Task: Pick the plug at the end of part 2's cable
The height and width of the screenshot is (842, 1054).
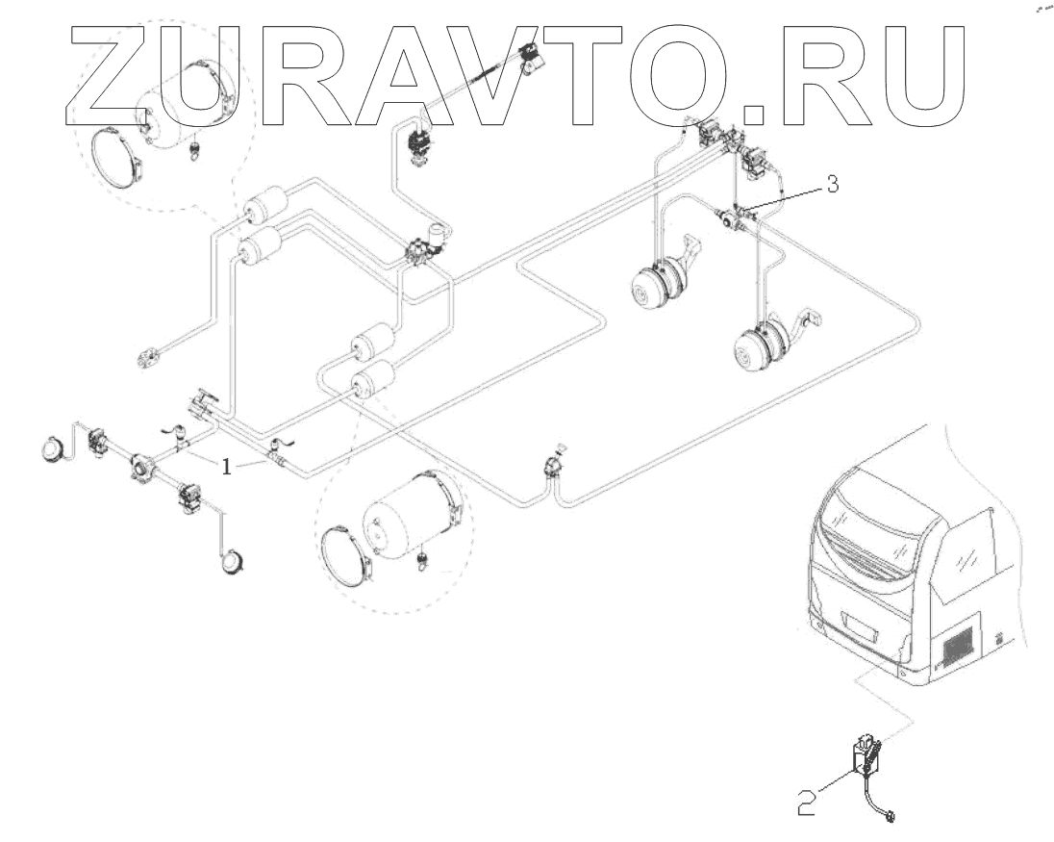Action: coord(891,818)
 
